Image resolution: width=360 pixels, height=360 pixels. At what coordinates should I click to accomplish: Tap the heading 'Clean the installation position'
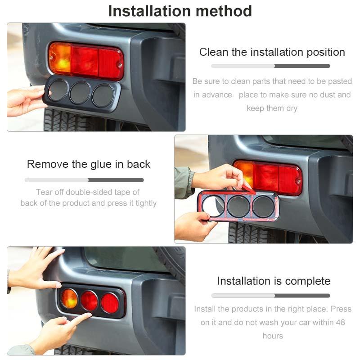pyautogui.click(x=272, y=52)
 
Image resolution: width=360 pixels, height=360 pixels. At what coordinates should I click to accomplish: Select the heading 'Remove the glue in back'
pyautogui.click(x=89, y=164)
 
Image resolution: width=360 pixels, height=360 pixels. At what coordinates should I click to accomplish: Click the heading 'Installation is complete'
pyautogui.click(x=274, y=281)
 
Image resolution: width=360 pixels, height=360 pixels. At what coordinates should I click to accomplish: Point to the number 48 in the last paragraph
pyautogui.click(x=340, y=323)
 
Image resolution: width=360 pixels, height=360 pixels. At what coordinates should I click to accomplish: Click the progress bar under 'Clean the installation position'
pyautogui.click(x=270, y=66)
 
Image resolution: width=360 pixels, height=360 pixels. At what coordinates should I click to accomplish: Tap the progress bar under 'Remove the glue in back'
pyautogui.click(x=84, y=180)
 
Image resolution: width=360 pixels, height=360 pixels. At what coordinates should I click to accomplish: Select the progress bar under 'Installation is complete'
pyautogui.click(x=270, y=296)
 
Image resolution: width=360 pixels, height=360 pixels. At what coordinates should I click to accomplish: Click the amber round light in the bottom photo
pyautogui.click(x=69, y=299)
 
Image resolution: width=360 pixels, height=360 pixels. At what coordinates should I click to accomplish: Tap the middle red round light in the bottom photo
pyautogui.click(x=89, y=301)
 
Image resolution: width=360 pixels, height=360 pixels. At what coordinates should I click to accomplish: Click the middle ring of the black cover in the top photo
pyautogui.click(x=81, y=92)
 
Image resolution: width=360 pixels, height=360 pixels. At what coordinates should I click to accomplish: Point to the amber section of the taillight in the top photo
pyautogui.click(x=60, y=58)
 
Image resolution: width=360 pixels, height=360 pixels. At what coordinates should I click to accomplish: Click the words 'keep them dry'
pyautogui.click(x=272, y=108)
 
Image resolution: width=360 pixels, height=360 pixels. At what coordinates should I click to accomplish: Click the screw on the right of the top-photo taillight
pyautogui.click(x=120, y=65)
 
